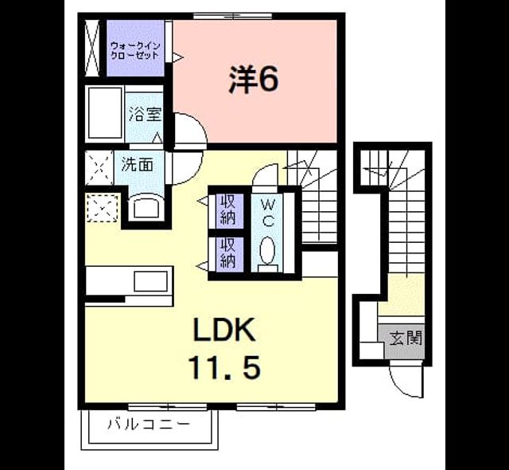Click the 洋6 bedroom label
tap(254, 79)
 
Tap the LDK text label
tap(223, 330)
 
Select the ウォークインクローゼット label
tap(135, 50)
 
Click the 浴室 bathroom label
tap(145, 114)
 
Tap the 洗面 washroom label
tap(137, 165)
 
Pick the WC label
tap(268, 213)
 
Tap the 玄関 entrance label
tap(406, 338)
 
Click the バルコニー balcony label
tap(149, 424)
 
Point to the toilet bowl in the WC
tap(268, 251)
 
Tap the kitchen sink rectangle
tap(151, 281)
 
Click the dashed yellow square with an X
tap(103, 208)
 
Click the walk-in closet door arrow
tap(177, 57)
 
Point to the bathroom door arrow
tap(157, 138)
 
